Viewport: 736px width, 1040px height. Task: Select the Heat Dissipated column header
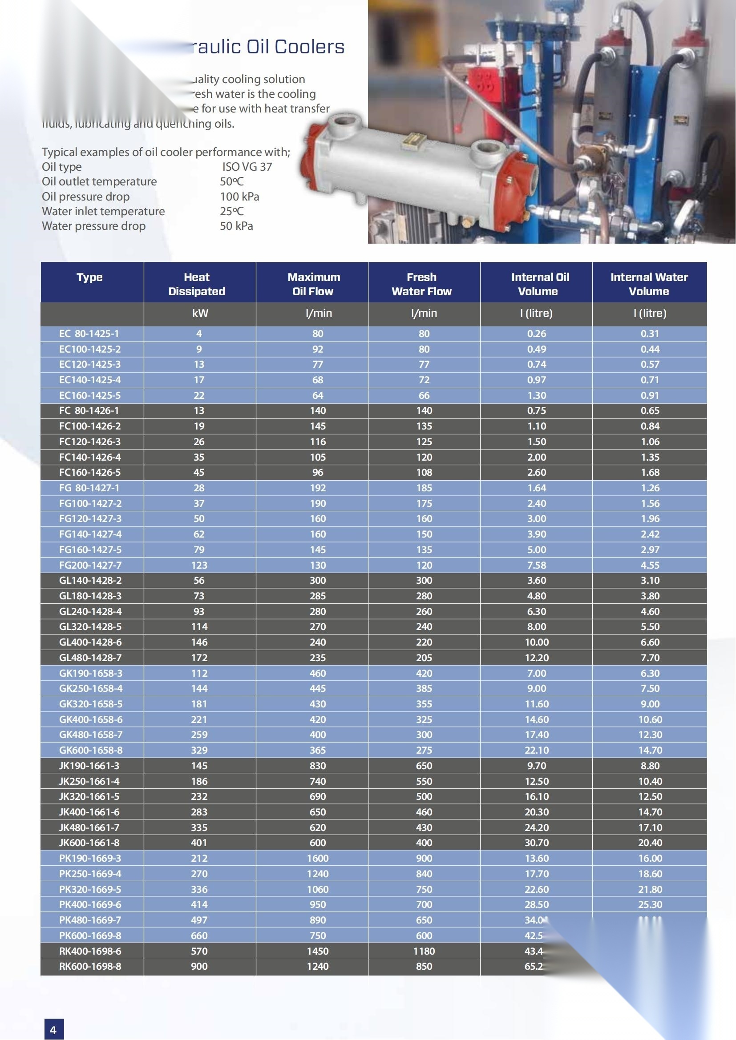pos(197,284)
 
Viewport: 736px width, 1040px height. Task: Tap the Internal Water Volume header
pos(649,284)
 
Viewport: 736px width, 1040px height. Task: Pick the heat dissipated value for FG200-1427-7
pos(199,565)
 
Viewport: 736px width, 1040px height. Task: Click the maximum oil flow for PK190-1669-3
pos(318,858)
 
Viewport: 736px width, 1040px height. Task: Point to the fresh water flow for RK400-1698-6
pos(424,951)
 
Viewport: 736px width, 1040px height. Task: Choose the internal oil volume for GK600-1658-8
pos(537,750)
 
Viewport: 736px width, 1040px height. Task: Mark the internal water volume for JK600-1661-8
pos(650,843)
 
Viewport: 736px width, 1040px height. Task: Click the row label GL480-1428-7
pos(90,658)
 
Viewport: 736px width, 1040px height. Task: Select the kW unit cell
pos(200,313)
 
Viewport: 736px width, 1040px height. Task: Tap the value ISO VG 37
pos(247,167)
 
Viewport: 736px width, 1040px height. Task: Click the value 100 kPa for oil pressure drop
pos(239,197)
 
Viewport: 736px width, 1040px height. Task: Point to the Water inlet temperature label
pos(103,211)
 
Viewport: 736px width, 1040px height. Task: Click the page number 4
pos(53,1030)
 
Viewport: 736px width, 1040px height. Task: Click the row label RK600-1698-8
pos(90,966)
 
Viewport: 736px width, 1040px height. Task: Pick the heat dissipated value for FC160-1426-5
pos(199,473)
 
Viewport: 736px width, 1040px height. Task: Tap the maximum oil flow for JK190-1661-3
pos(318,766)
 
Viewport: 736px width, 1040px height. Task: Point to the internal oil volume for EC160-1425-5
pos(537,395)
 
